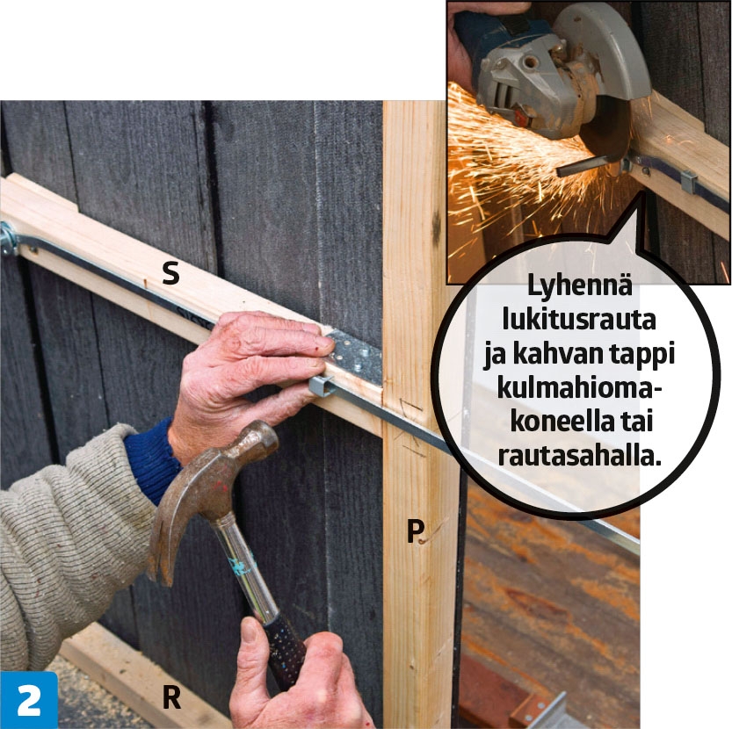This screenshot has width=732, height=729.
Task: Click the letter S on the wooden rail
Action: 170,274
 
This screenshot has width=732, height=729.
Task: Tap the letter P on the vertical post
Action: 415,531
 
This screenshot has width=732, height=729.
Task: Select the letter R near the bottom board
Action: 172,697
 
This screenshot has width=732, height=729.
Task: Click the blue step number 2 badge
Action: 29,700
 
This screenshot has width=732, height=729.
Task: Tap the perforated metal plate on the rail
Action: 355,353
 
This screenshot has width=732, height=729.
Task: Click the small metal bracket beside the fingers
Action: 321,386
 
